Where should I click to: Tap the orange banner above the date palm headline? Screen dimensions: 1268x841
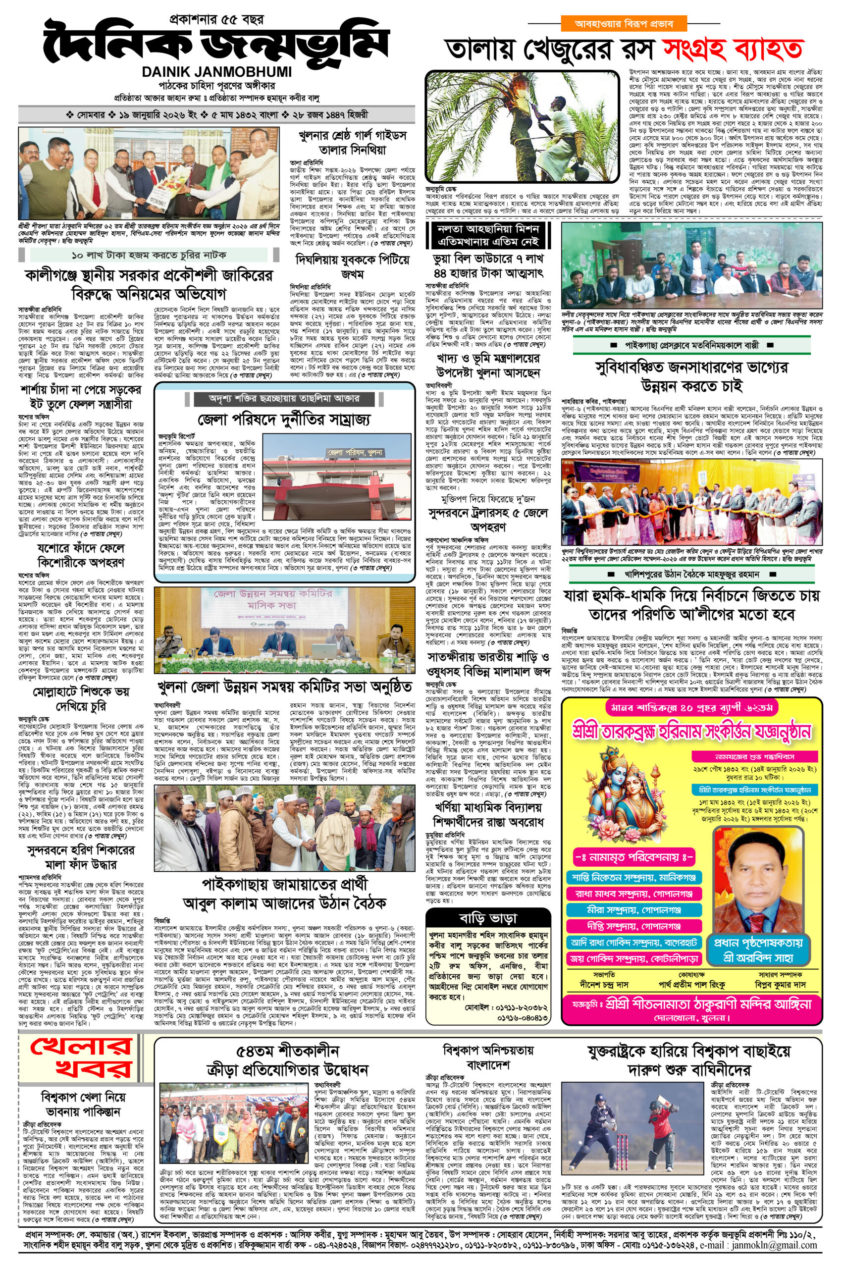coord(624,24)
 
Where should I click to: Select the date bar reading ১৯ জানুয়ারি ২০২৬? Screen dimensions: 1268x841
coord(216,115)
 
